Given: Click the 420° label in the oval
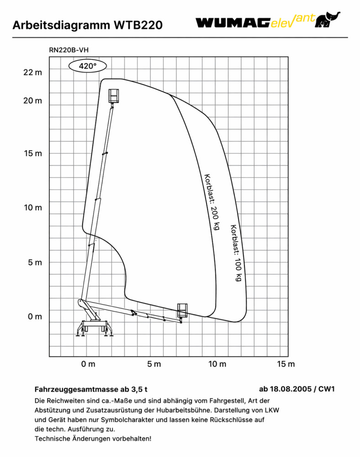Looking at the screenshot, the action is pos(87,66).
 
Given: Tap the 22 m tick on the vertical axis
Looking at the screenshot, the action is pos(32,72).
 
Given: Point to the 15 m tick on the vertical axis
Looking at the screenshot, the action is pos(33,153).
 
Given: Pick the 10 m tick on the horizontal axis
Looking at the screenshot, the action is pos(217,364).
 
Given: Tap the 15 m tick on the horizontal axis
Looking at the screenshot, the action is pos(286,364).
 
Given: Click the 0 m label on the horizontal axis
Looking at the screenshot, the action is pos(88,364).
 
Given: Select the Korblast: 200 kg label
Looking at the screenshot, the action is pos(212,202).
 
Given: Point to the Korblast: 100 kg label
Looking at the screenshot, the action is pos(236,253).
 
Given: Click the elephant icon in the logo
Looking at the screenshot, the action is pos(327,20).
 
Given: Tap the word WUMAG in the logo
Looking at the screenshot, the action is pos(233,23).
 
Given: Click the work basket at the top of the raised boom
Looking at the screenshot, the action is pos(114,96).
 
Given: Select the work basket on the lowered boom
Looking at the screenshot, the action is pos(182,310).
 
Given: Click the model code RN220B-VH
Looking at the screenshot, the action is pos(69,50).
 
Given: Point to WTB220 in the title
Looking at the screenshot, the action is pos(138,25).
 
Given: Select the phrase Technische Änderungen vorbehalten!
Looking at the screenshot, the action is pos(93,438).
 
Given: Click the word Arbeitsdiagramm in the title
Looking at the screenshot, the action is pos(61,25).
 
